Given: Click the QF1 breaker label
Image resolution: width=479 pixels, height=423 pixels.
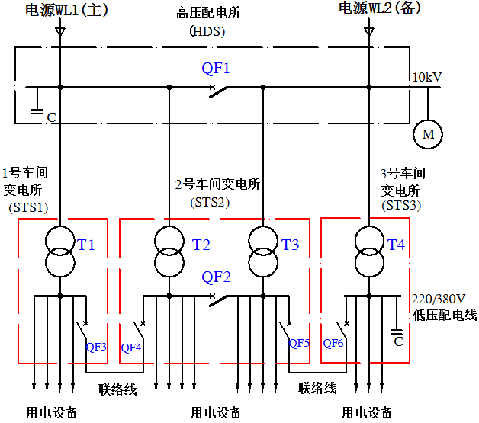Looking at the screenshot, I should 216,69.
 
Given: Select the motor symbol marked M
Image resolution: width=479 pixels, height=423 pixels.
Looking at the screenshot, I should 428,135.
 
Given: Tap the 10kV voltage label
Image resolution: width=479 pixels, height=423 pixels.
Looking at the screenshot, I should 427,78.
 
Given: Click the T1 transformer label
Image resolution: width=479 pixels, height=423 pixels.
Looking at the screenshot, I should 86,245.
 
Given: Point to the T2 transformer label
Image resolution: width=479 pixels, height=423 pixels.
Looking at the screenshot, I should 201,245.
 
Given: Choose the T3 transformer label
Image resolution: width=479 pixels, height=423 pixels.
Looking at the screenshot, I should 291,245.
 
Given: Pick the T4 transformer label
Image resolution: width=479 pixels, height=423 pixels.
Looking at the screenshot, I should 397,245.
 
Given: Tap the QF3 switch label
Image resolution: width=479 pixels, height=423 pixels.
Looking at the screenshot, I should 96,348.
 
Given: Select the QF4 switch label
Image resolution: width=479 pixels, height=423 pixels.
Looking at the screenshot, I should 131,348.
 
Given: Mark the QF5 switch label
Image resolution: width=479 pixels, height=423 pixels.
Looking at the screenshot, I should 299,343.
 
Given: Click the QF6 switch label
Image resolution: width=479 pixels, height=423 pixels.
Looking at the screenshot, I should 334,343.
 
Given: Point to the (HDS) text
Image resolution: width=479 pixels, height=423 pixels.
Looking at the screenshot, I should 207,31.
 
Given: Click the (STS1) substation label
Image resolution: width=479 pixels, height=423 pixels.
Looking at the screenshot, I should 28,207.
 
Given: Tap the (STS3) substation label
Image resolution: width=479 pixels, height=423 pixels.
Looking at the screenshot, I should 400,205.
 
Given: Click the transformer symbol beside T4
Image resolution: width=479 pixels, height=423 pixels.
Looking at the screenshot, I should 368,251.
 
